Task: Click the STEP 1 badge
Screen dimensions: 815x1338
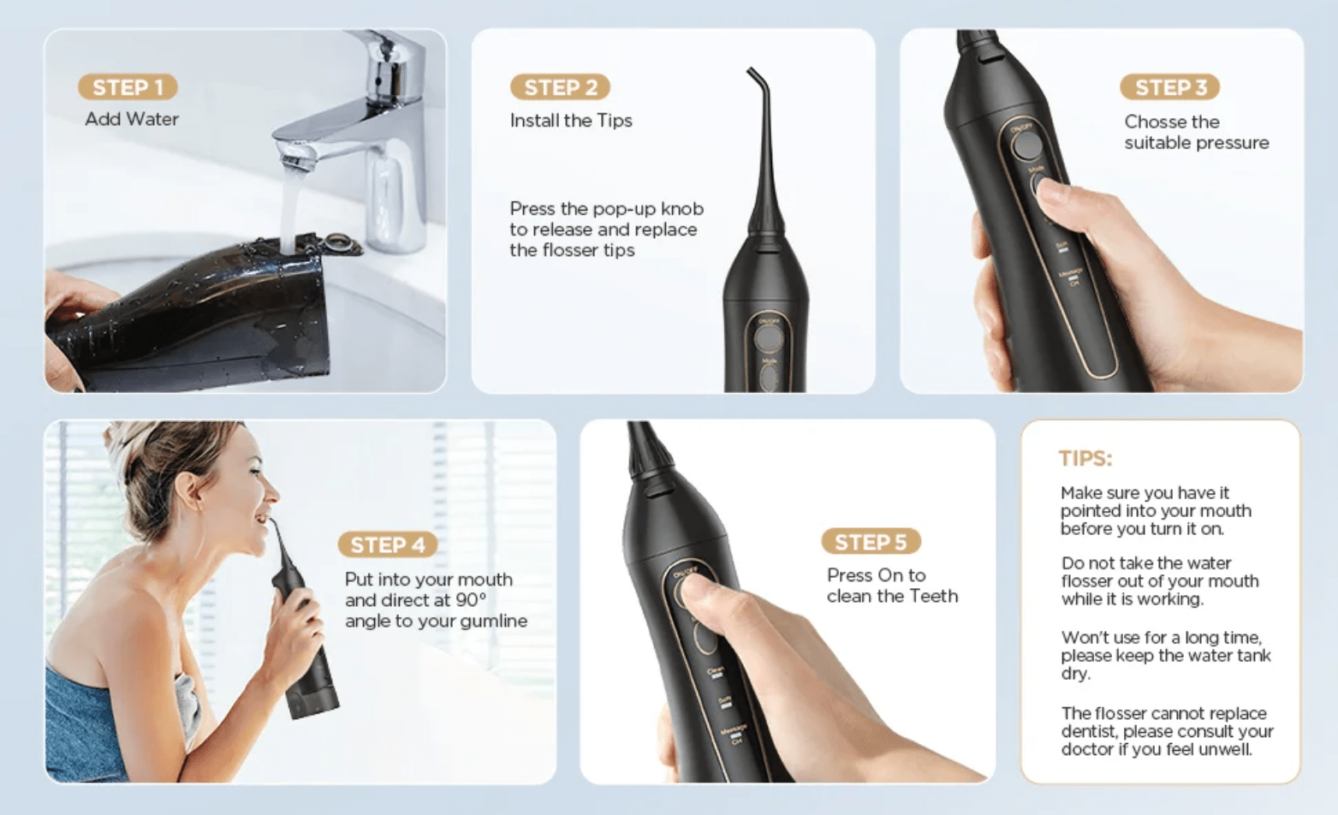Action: [x=128, y=87]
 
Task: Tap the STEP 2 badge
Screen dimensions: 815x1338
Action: [x=560, y=87]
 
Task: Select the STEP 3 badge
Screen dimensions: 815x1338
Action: [x=1169, y=87]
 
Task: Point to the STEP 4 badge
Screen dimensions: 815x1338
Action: [x=388, y=544]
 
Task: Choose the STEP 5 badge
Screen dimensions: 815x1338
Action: [x=870, y=542]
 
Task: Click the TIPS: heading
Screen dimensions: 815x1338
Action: [x=1085, y=459]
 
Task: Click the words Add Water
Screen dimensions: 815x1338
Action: [x=132, y=120]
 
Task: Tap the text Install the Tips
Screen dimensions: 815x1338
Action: [x=571, y=121]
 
